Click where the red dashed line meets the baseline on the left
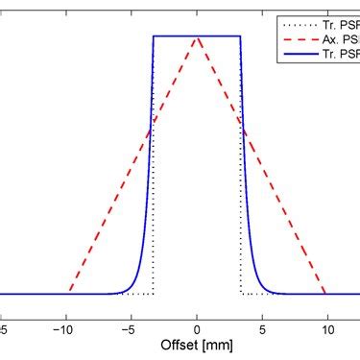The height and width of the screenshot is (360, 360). click(x=69, y=293)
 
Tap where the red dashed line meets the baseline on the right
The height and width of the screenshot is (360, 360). click(x=325, y=293)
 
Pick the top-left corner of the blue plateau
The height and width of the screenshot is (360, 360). click(x=154, y=36)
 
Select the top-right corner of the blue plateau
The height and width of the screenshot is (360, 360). click(x=240, y=36)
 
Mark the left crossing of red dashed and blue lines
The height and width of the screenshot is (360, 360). click(x=152, y=128)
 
